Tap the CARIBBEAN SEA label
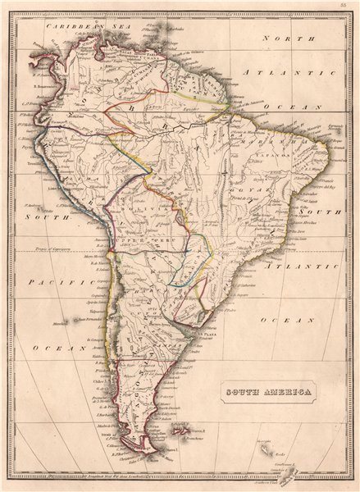point(80,27)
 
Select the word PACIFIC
point(44,282)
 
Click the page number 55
point(344,6)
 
